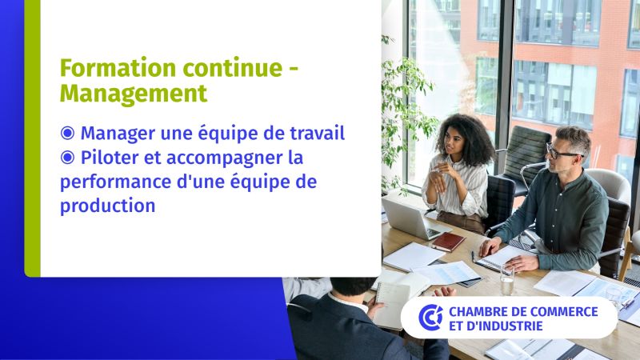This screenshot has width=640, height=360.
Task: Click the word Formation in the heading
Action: coord(118,68)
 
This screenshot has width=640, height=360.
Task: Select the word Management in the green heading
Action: coord(134,94)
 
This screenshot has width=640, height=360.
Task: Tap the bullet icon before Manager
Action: coord(67,133)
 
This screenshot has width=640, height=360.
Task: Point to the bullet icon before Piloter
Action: coord(67,157)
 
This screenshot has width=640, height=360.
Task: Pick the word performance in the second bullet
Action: coord(115,182)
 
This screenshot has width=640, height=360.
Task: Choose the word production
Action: coord(108,206)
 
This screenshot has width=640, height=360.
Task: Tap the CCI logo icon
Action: coord(430,317)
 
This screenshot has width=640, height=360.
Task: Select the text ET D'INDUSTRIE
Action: coord(496,326)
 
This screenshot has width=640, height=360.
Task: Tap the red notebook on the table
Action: coord(448,242)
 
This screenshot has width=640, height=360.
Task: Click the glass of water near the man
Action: coord(507,280)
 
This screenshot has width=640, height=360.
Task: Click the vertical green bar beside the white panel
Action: coord(32,138)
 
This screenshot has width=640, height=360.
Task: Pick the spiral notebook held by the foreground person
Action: coord(393,304)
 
